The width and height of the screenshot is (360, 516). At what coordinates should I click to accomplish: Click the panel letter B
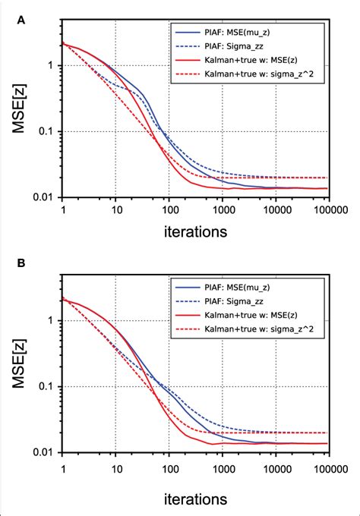(x=21, y=266)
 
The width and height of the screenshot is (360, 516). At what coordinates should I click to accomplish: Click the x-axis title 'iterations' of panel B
(x=194, y=499)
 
